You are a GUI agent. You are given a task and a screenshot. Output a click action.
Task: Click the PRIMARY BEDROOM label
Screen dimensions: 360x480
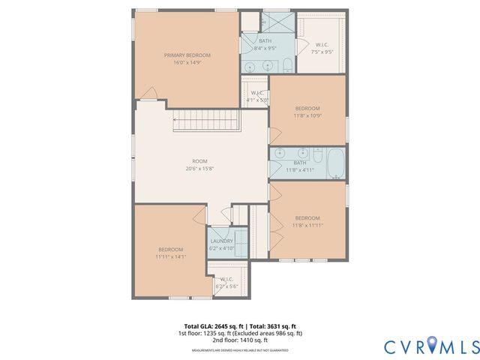pyautogui.click(x=187, y=55)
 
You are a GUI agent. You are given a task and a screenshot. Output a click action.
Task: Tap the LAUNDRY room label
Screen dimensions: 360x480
pyautogui.click(x=221, y=241)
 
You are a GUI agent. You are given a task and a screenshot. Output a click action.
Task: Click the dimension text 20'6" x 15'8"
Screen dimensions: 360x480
pyautogui.click(x=199, y=169)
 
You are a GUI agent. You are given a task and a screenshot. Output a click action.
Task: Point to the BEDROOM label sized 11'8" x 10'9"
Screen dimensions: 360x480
pyautogui.click(x=307, y=108)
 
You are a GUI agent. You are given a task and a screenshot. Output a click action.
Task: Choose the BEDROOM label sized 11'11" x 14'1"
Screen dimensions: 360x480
pyautogui.click(x=170, y=250)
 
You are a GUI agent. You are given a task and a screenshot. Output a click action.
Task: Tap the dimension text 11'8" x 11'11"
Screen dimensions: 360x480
pyautogui.click(x=307, y=225)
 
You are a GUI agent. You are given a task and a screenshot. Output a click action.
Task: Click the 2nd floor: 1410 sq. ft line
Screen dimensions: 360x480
pyautogui.click(x=240, y=340)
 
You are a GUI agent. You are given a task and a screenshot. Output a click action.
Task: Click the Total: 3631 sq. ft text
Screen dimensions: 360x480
pyautogui.click(x=278, y=326)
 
